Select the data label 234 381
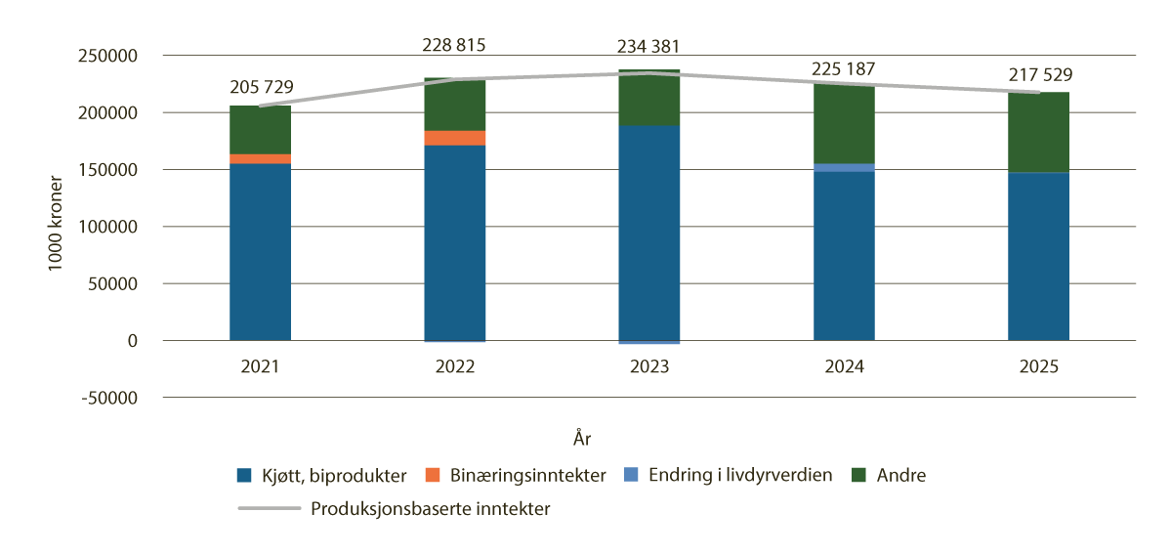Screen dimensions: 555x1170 648,46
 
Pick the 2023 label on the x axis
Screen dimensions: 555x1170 649,367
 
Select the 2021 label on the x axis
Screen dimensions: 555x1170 260,367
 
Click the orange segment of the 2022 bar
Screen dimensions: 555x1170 455,138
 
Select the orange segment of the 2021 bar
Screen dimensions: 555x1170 260,158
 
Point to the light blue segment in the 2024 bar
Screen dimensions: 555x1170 844,167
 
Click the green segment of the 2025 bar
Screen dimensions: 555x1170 1038,132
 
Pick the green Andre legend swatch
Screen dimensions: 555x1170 860,476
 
